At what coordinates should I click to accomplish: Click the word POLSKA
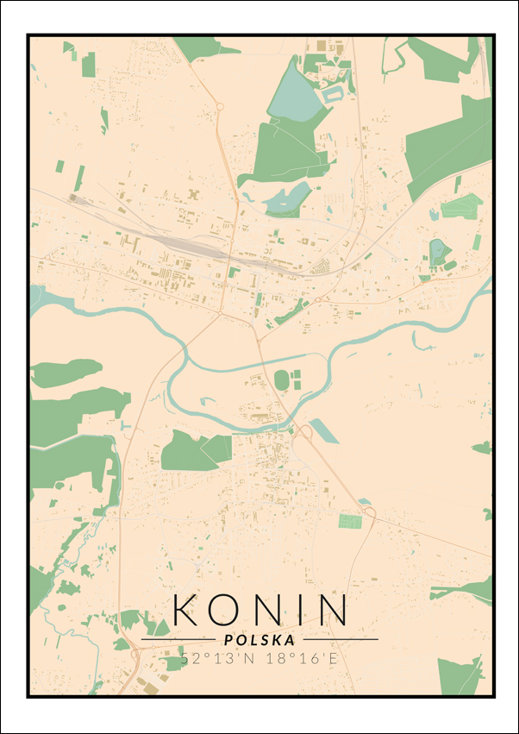tap(259, 640)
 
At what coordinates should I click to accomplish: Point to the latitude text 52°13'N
tap(209, 659)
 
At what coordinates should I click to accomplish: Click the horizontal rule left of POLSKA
tap(178, 640)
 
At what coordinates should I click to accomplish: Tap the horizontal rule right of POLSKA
tap(340, 640)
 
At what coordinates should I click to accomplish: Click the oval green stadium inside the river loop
tap(282, 380)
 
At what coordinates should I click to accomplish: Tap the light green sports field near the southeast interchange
tap(350, 521)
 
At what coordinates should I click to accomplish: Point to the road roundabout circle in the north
tap(220, 107)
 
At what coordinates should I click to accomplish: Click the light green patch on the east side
tap(461, 207)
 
